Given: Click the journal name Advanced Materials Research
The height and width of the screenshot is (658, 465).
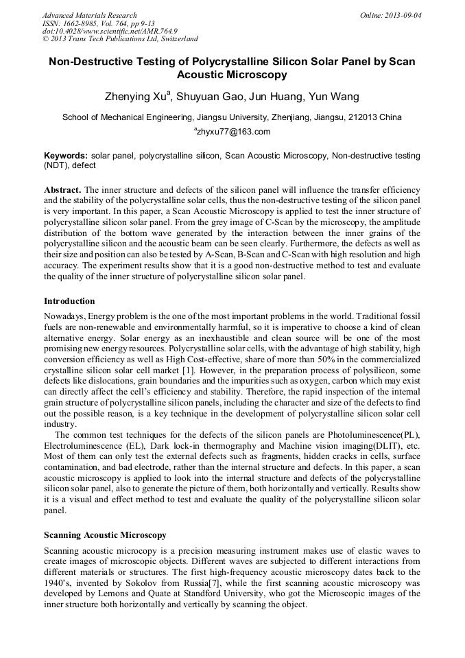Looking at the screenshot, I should coord(89,15).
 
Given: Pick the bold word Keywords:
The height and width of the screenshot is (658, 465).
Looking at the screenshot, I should coord(66,156).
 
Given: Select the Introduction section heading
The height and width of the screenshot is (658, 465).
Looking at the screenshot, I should coord(69,301).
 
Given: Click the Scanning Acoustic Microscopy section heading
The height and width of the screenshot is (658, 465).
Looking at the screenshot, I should coord(105,534).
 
